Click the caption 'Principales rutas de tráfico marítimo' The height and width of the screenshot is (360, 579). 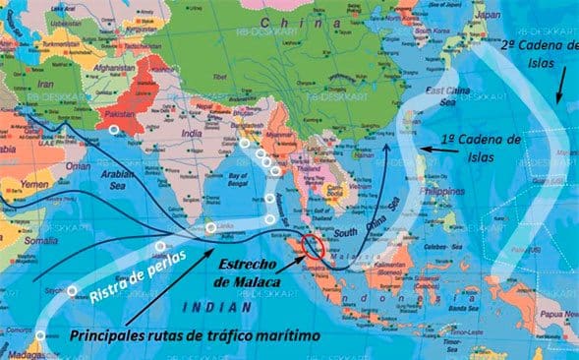tap(197, 334)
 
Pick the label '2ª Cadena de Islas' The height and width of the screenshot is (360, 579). tap(541, 54)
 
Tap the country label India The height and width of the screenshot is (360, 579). tap(195, 135)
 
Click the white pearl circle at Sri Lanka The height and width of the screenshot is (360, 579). tap(211, 228)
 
